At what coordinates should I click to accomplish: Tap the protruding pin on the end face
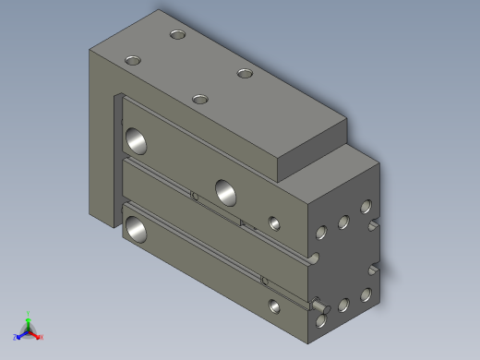(319, 303)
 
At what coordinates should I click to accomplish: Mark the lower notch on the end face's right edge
(375, 269)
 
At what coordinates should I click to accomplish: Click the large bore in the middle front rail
(225, 191)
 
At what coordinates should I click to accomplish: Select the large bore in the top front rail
(137, 139)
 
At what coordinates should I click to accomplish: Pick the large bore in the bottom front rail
(137, 228)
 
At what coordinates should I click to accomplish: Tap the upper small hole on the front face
(273, 222)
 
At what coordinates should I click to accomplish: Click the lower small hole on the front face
(273, 304)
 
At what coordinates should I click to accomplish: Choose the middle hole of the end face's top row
(343, 222)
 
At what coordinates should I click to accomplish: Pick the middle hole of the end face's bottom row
(343, 304)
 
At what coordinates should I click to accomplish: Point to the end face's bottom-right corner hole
(366, 294)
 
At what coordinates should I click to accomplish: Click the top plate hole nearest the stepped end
(244, 73)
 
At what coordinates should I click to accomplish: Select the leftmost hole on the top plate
(133, 60)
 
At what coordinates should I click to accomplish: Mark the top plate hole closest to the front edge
(198, 98)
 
